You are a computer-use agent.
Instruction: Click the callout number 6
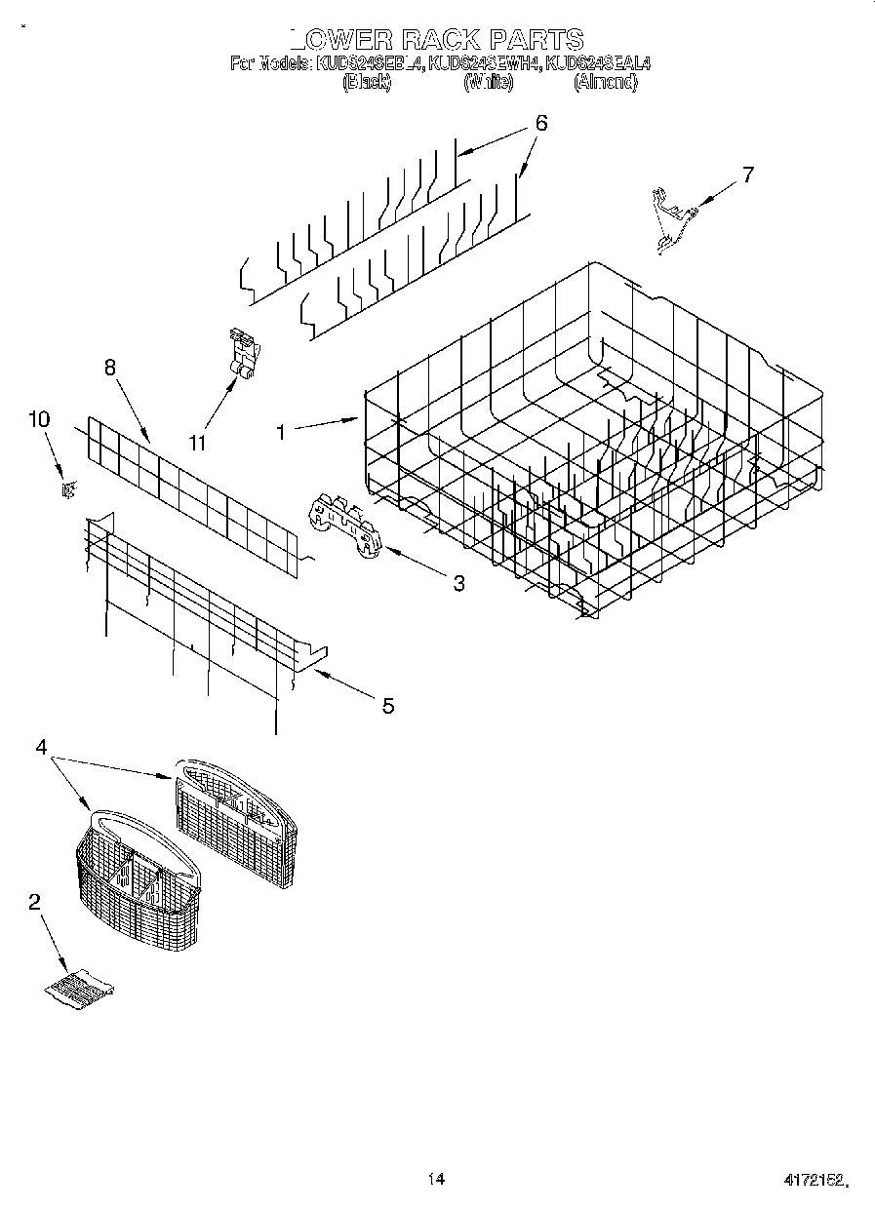tap(540, 124)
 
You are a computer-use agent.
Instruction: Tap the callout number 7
tap(747, 175)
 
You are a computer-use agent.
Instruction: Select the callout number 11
tap(198, 443)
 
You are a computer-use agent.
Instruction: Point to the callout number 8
tap(109, 368)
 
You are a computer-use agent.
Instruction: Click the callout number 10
tap(38, 420)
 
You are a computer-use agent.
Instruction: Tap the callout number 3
tap(457, 584)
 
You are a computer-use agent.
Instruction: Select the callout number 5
tap(387, 706)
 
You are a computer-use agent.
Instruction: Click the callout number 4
tap(41, 748)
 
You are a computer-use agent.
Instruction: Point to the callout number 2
tap(34, 903)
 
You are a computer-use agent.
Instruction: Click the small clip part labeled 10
tap(67, 490)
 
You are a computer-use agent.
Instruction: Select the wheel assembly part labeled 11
tap(242, 352)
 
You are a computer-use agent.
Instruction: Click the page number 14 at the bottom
tap(436, 1180)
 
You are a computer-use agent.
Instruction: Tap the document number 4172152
tap(813, 1181)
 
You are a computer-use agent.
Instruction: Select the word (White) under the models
tap(488, 84)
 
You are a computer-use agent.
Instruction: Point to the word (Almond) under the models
tap(606, 84)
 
